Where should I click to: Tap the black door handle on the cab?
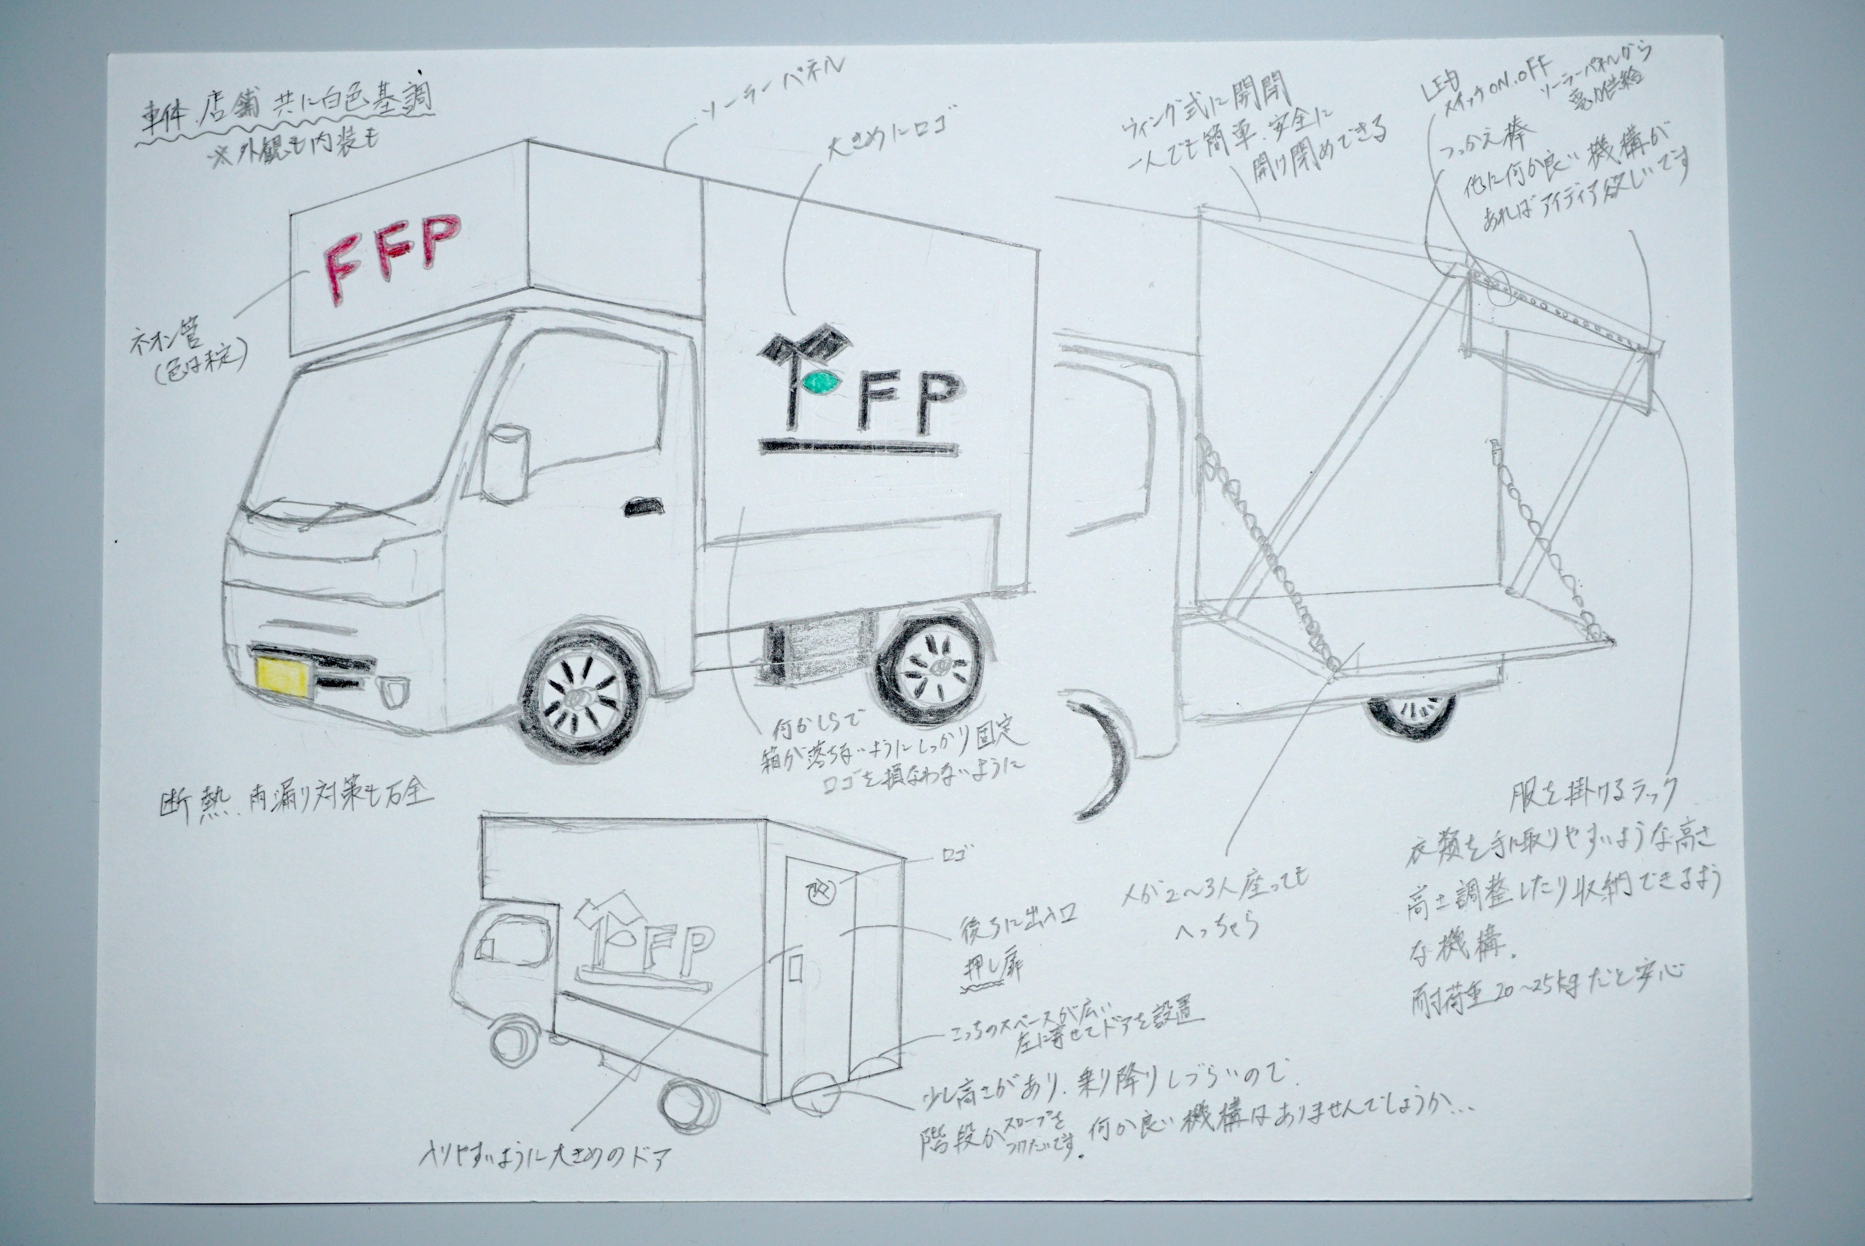[644, 506]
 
